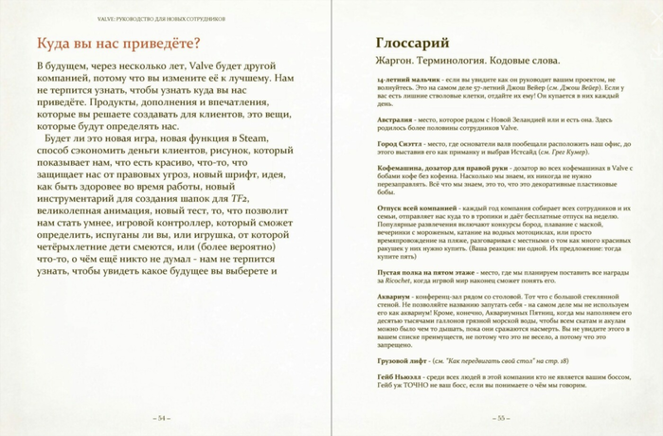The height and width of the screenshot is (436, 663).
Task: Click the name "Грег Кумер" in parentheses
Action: (x=581, y=153)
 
